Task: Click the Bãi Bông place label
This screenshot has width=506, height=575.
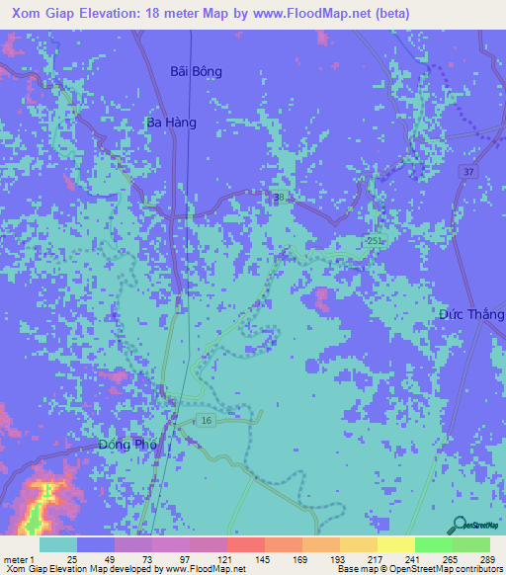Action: [x=197, y=72]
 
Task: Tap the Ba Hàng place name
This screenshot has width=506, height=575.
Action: [x=171, y=123]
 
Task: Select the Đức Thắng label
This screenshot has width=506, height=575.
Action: [x=471, y=314]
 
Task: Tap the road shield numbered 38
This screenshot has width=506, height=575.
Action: [x=280, y=198]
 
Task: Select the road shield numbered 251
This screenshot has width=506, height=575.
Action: [x=372, y=241]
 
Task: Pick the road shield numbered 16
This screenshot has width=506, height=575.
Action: [x=207, y=421]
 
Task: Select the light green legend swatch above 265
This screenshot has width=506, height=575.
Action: [x=433, y=544]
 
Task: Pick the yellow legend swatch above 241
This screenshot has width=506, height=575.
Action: [x=395, y=544]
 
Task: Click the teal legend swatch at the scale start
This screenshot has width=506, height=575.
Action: [x=58, y=544]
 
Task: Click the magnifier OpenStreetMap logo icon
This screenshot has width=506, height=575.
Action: [x=457, y=524]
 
